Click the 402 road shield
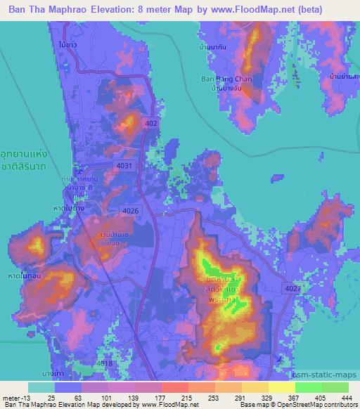[x=151, y=123]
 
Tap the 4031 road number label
[x=123, y=164]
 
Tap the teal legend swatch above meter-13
[x=41, y=387]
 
